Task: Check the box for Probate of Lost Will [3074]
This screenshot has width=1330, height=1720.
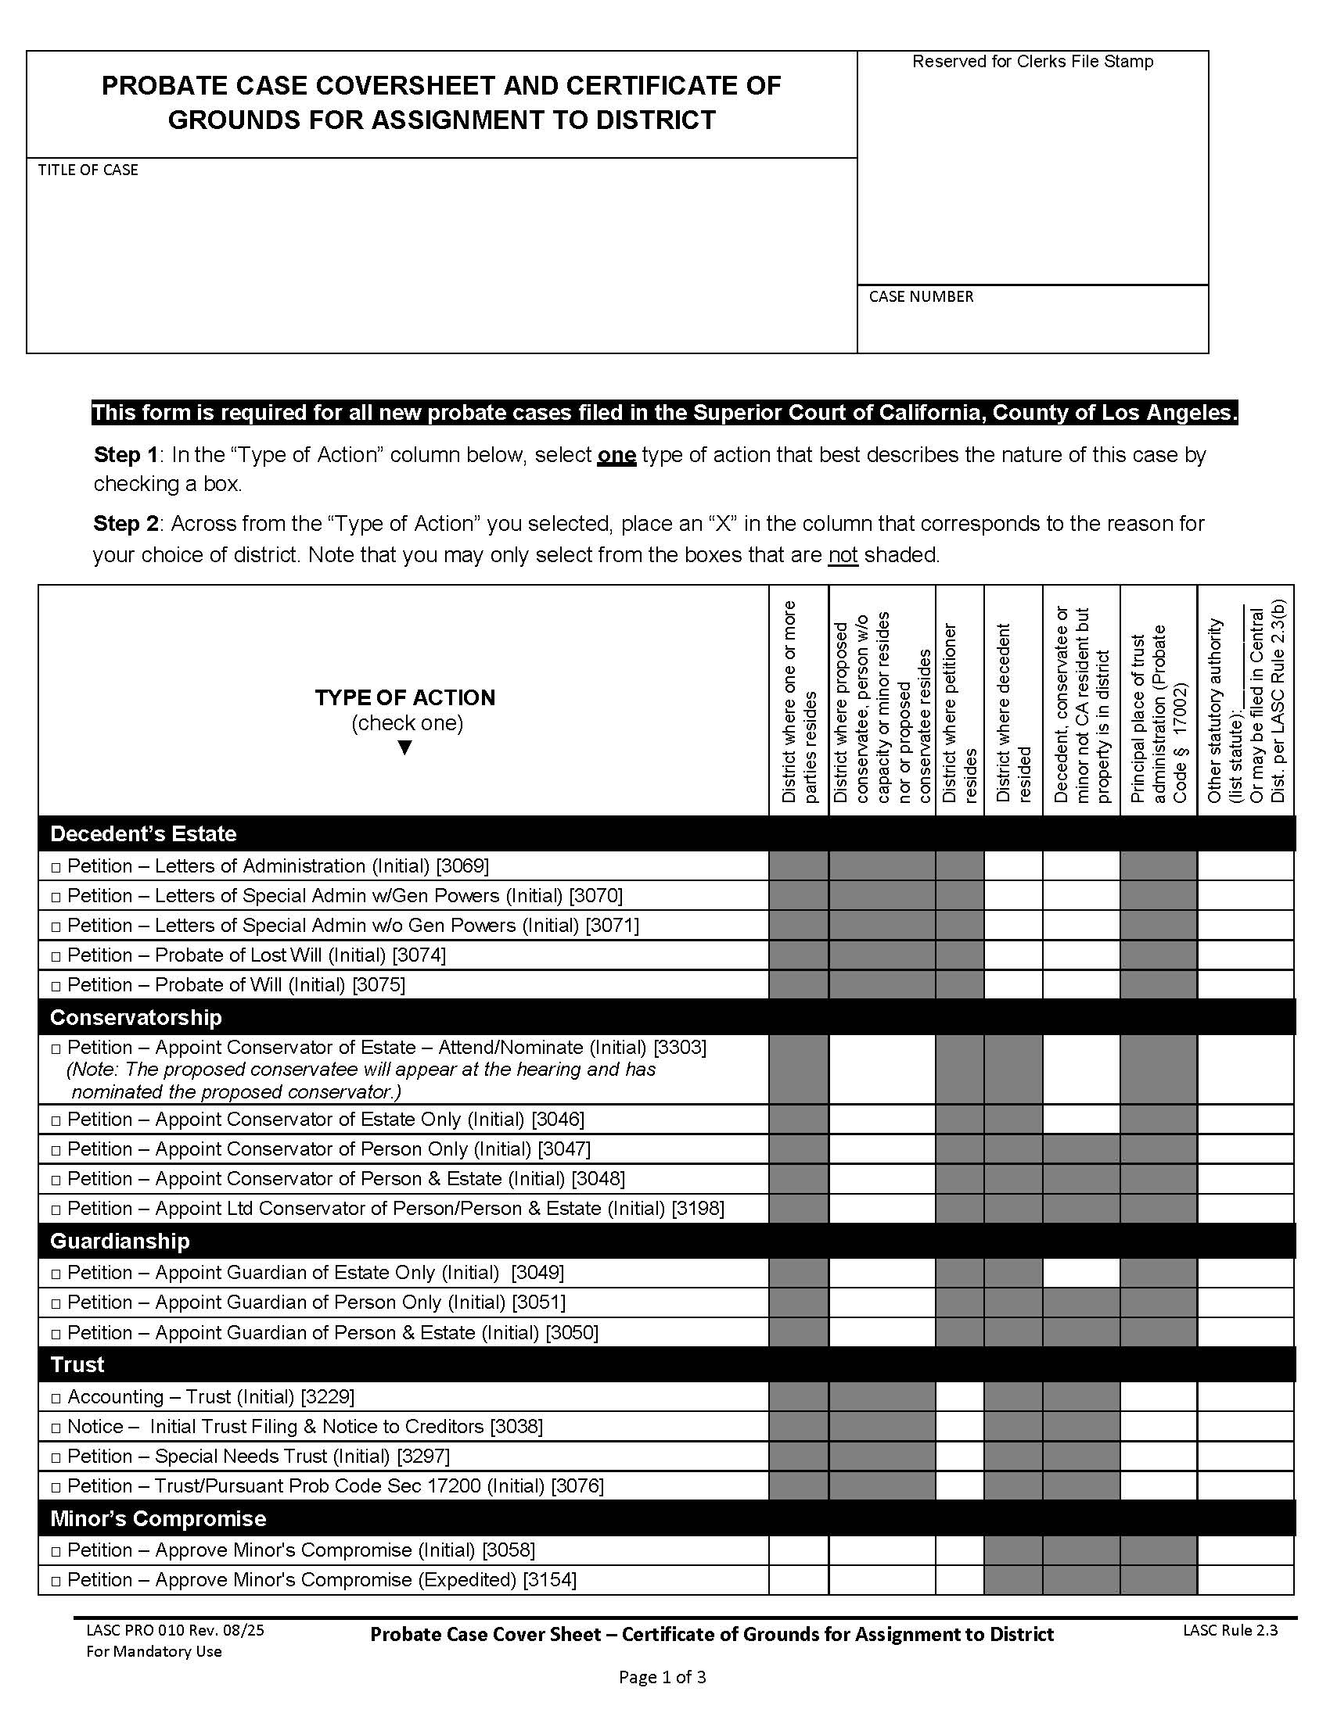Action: coord(56,957)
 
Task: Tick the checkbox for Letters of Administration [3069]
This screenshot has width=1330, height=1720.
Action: coord(56,868)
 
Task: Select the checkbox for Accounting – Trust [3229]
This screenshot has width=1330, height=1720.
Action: coord(56,1399)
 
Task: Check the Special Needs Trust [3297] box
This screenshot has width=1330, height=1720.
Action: coord(56,1458)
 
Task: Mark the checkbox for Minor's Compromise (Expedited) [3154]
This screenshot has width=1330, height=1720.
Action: coord(56,1582)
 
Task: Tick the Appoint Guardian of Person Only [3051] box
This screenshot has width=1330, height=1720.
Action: coord(56,1304)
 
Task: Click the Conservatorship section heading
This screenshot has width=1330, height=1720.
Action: coord(135,1017)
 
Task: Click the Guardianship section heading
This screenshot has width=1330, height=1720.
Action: coord(120,1242)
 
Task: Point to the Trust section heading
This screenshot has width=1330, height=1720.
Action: coord(77,1365)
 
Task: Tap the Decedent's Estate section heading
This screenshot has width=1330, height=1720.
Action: coord(143,834)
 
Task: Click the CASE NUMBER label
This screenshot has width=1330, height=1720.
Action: coord(921,297)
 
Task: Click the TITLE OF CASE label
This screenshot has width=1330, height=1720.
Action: coord(88,170)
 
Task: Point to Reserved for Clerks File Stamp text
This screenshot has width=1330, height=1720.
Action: coord(1032,62)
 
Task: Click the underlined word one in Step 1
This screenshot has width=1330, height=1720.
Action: coord(616,455)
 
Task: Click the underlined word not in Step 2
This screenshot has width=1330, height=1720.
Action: coord(843,555)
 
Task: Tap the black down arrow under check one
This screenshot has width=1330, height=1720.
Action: coord(405,747)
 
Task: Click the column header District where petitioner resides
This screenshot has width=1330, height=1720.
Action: coord(960,713)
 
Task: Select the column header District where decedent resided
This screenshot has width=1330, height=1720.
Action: coord(1013,713)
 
